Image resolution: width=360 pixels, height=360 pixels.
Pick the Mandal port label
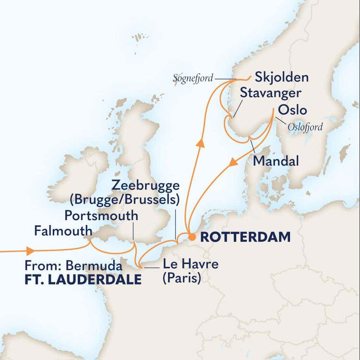point(276,161)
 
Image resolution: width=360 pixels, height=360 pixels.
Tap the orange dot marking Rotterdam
point(191,237)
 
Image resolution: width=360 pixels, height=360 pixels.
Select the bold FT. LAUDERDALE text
point(83,279)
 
